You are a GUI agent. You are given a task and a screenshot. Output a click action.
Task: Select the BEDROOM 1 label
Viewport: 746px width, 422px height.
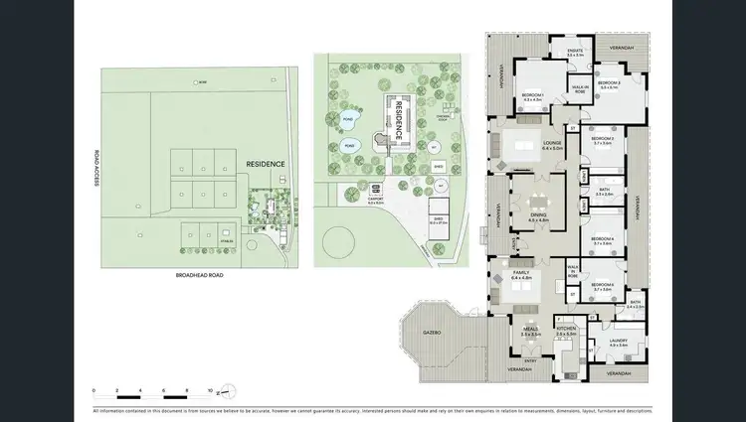click(x=531, y=96)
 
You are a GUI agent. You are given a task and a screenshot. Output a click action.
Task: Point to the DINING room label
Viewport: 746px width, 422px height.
click(x=536, y=216)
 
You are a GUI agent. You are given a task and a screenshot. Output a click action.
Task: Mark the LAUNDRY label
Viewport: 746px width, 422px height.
click(x=619, y=343)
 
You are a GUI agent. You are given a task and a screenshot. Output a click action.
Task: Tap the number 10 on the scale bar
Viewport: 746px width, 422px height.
click(x=209, y=390)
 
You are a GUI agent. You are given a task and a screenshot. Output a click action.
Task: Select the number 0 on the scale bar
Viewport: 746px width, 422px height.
click(x=94, y=390)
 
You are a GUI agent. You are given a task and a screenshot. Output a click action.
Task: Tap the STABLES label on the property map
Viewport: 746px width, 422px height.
click(x=226, y=240)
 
